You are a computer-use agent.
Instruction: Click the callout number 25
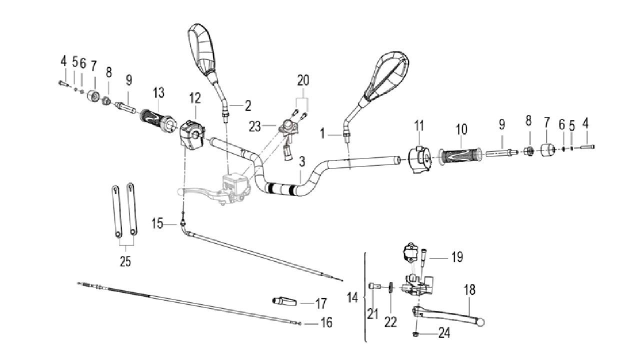point(125,261)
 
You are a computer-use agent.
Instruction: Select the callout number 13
point(158,93)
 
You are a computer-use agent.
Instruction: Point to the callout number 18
point(469,290)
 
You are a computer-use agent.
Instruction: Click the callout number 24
point(443,333)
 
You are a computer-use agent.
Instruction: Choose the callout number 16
point(326,323)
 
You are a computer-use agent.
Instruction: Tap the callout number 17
point(320,303)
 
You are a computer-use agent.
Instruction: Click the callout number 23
point(255,127)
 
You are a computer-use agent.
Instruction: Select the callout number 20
point(303,80)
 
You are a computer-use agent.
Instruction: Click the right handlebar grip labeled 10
point(460,154)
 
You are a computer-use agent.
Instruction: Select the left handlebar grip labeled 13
point(155,120)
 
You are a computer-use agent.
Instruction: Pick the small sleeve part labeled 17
point(285,302)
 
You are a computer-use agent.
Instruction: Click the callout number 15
point(157,223)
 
